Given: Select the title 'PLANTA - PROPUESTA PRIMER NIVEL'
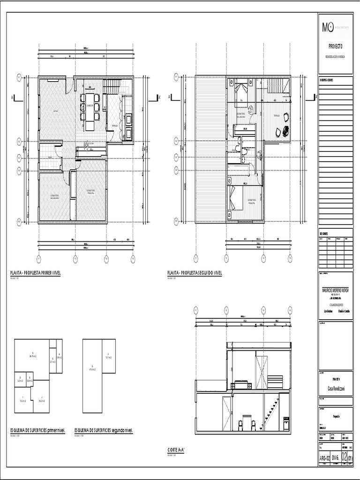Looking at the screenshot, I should [x=36, y=273].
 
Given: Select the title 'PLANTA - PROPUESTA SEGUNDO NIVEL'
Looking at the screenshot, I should [x=195, y=273].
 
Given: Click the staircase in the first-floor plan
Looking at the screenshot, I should [x=112, y=86].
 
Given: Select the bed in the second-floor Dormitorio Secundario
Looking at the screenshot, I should [x=241, y=90].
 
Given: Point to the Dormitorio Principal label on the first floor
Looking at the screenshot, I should [x=91, y=192].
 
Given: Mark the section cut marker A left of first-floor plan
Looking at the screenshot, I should [x=15, y=98].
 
